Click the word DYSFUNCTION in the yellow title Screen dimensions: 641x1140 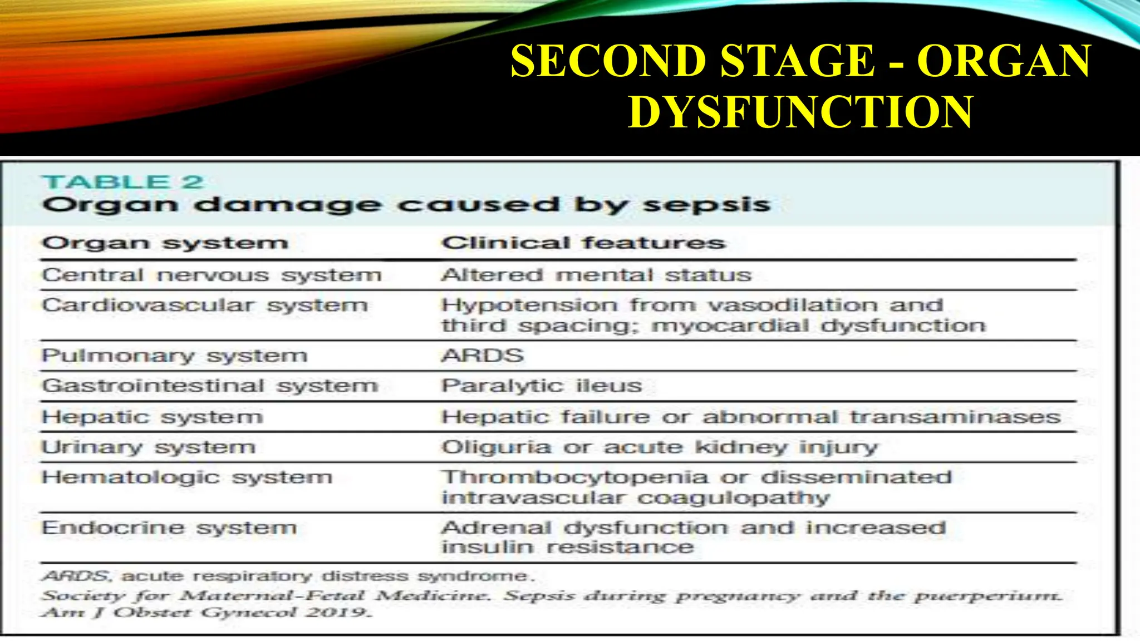click(800, 112)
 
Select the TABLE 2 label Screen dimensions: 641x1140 click(122, 182)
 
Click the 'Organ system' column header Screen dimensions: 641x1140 click(165, 243)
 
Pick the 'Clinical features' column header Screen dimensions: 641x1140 click(583, 243)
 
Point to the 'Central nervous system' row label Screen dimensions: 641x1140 click(212, 275)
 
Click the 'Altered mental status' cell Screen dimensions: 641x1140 click(596, 275)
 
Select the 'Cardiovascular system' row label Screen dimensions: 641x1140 click(205, 305)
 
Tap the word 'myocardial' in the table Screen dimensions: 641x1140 click(730, 326)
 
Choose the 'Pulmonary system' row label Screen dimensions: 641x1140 click(174, 356)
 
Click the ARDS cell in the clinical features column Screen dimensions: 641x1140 click(483, 356)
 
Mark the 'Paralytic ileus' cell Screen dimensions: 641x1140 click(542, 386)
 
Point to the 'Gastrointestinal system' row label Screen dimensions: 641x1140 click(210, 386)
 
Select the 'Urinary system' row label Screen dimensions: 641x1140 click(149, 447)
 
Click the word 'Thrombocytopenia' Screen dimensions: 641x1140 click(574, 477)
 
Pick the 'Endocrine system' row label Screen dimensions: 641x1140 click(169, 527)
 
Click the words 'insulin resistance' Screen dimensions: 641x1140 click(567, 547)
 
